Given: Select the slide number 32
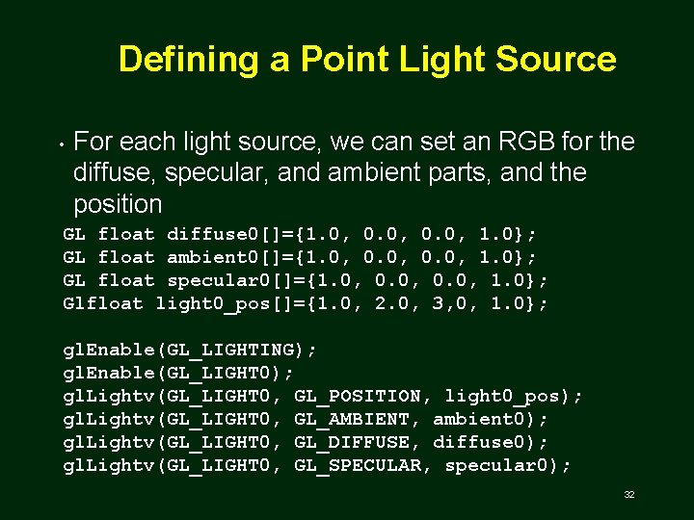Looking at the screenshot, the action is point(628,495).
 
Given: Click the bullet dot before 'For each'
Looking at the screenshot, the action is point(60,144).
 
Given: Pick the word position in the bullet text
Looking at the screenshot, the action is point(118,204).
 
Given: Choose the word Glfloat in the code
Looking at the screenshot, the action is point(103,303).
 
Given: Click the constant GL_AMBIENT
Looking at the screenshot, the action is point(351,419).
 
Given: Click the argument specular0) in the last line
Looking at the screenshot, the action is point(508,465).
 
